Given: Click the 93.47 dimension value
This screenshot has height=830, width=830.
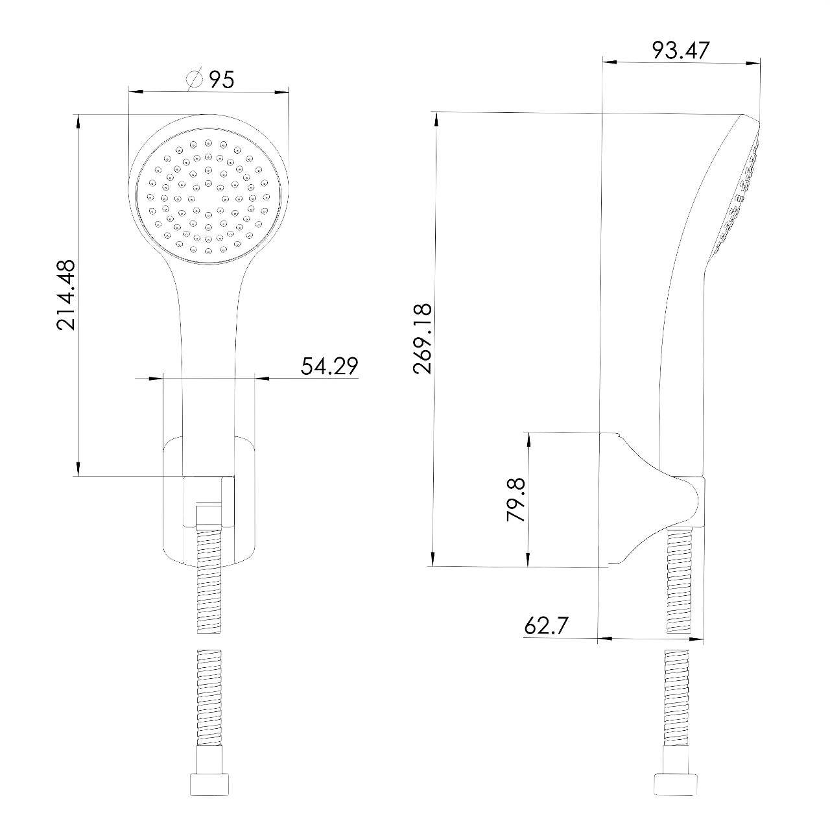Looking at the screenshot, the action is click(x=680, y=51).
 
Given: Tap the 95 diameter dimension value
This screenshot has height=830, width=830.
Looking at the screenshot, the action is click(x=222, y=80).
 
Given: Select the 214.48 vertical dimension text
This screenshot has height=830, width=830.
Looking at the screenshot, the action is click(x=66, y=295).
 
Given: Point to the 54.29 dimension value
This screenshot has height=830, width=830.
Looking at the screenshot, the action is click(x=329, y=366).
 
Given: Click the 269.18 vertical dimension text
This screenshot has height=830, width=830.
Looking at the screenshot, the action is click(x=422, y=338).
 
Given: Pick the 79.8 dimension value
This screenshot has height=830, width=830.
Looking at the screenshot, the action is click(x=516, y=500).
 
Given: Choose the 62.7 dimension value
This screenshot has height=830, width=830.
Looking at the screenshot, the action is click(x=546, y=626).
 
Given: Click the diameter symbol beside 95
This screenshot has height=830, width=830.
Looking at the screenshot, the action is click(x=195, y=79).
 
